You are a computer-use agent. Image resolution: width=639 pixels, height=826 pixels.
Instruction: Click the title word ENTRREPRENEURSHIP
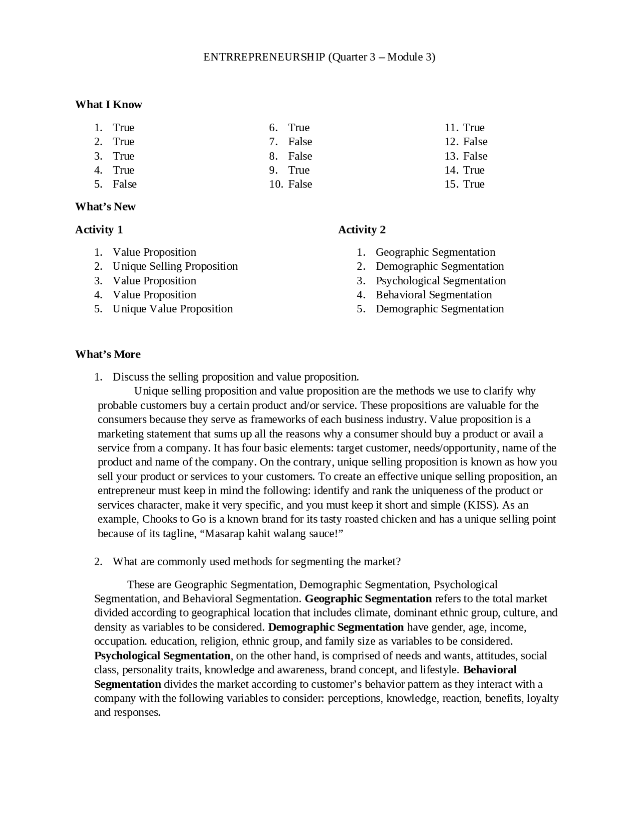pos(264,57)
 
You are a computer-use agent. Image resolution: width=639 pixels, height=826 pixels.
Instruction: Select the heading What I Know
pos(108,104)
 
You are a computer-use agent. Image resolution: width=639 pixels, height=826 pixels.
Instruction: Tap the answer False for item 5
pos(124,184)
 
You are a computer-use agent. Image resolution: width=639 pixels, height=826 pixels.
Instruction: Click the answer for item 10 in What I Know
pos(300,184)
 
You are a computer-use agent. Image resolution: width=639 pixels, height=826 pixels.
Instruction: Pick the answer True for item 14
pos(474,170)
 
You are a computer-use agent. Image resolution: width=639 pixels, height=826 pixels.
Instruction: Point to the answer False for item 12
pos(475,142)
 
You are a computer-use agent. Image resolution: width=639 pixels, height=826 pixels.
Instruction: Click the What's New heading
pos(105,206)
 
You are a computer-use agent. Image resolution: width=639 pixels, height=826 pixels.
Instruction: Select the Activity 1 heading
pos(99,229)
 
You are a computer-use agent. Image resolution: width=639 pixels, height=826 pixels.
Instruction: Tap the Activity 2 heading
pos(362,229)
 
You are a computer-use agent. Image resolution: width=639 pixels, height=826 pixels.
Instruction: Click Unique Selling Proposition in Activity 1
pos(175,266)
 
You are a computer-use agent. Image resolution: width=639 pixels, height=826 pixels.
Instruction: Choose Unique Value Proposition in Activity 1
pos(173,309)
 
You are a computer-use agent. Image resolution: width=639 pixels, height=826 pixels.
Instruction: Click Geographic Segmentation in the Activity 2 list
pos(435,252)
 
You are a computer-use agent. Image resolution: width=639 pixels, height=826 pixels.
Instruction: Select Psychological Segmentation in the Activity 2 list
pos(441,281)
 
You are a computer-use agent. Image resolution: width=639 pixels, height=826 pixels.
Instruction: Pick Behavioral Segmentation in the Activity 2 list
pos(434,295)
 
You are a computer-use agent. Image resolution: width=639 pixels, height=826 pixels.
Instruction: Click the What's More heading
pos(108,354)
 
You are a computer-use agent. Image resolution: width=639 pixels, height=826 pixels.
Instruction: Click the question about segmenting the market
pos(257,562)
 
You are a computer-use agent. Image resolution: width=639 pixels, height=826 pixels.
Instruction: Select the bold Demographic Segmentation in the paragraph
pos(336,627)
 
